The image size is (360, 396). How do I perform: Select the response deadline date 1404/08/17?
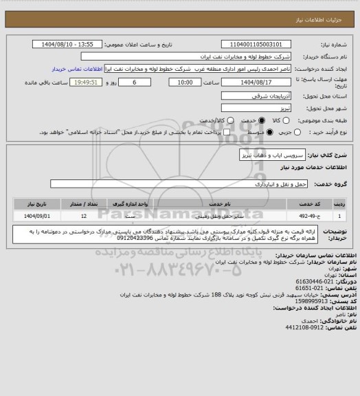(x=246, y=81)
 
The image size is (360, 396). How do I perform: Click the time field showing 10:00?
(x=185, y=81)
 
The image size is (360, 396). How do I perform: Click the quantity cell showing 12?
(x=83, y=215)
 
